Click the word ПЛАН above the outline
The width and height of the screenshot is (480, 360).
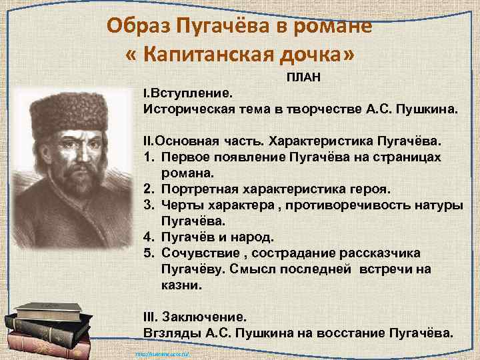point(304,78)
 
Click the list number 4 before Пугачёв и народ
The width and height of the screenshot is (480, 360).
point(147,237)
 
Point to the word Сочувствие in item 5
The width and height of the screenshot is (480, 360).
point(195,253)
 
